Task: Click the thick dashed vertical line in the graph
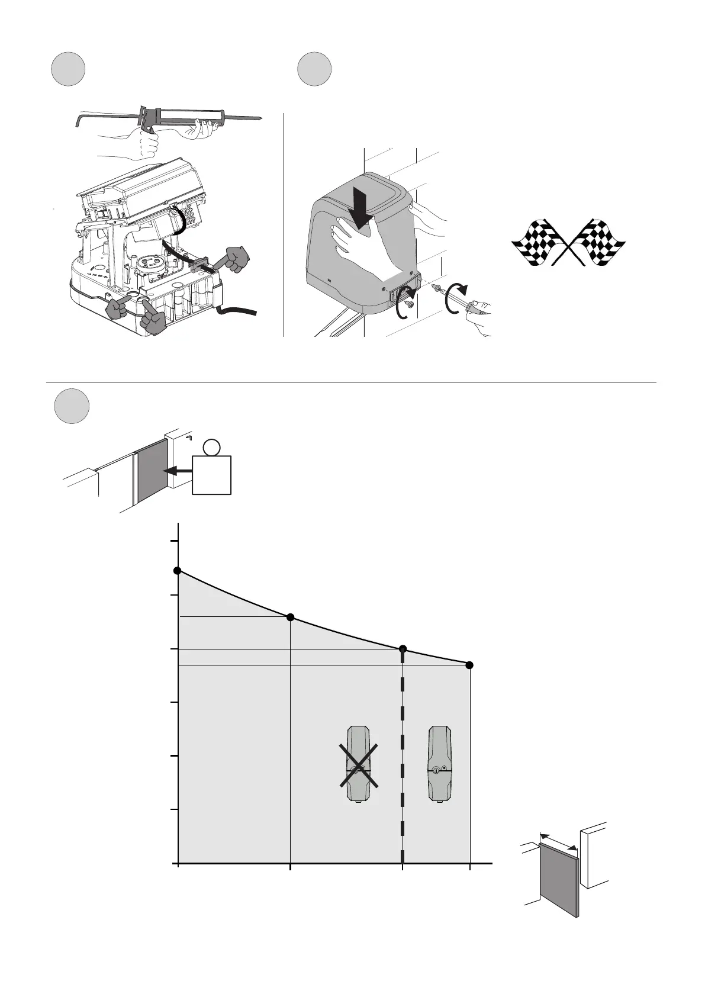point(403,770)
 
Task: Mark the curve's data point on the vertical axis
point(177,570)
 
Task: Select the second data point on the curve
point(290,618)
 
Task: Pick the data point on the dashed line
point(403,649)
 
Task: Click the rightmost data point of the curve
point(469,665)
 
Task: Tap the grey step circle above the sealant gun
point(67,69)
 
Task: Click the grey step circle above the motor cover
point(314,69)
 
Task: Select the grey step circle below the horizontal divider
point(72,406)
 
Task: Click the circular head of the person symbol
point(211,447)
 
